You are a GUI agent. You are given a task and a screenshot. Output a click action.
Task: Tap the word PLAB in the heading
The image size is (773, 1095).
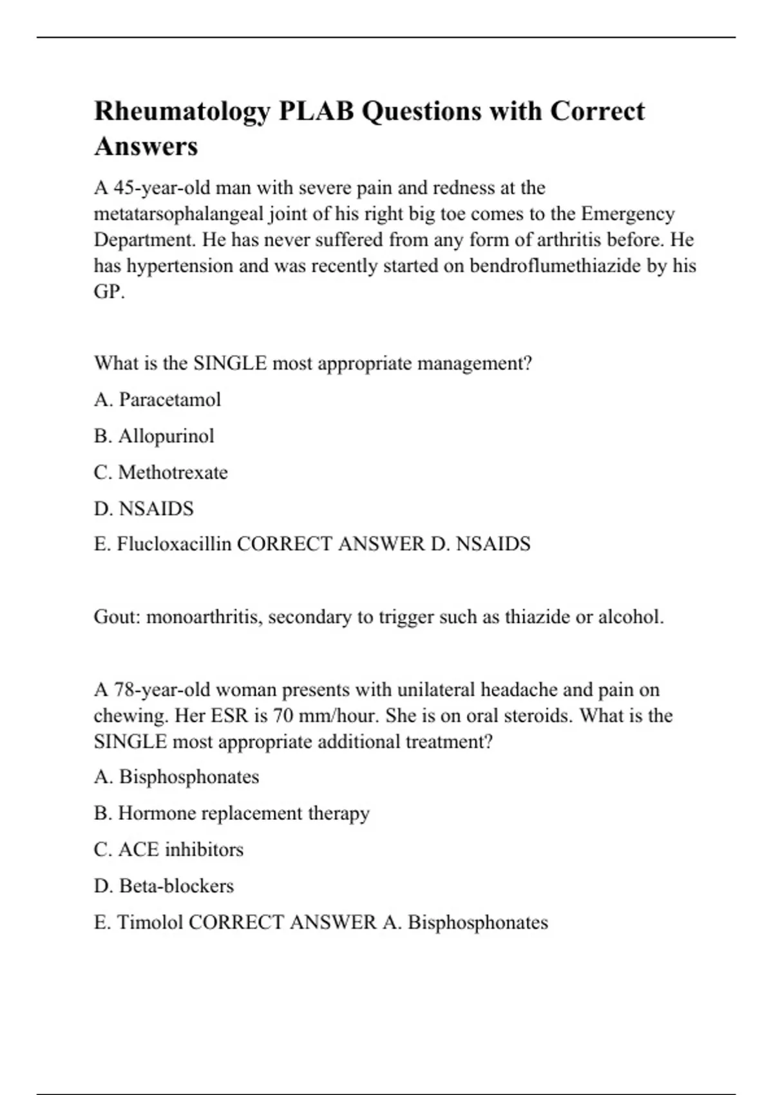click(x=316, y=112)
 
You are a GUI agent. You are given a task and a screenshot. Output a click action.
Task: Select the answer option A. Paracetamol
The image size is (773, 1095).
click(x=157, y=400)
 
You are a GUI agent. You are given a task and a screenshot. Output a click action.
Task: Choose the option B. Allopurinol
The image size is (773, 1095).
click(x=154, y=436)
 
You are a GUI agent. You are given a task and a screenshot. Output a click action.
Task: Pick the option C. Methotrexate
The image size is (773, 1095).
click(x=160, y=472)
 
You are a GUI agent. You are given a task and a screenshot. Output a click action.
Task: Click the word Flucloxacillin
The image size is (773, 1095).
click(x=174, y=544)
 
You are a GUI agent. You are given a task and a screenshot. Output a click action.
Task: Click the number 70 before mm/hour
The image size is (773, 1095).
click(x=284, y=716)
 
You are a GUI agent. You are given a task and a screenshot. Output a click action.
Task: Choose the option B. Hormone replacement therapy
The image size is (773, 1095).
click(x=232, y=814)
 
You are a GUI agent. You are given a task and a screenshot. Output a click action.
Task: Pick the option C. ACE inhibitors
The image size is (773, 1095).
click(x=169, y=850)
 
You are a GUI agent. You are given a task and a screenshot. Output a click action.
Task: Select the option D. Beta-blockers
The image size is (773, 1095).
click(x=164, y=886)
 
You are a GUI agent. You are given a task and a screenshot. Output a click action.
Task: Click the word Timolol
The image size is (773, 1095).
click(x=150, y=922)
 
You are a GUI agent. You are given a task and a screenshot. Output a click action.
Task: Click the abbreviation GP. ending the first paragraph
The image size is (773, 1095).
click(x=110, y=292)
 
